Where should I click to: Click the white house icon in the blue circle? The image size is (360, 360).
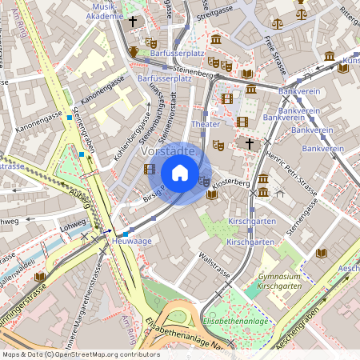pos(180,173)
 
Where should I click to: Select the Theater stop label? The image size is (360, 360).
pos(206,125)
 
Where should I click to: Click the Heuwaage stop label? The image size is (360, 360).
pos(132,240)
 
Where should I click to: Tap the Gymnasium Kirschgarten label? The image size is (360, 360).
pos(274,281)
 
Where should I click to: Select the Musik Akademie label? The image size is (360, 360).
pos(103,10)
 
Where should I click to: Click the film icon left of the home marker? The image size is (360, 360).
pos(149,169)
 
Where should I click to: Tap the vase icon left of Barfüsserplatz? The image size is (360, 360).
pos(134,51)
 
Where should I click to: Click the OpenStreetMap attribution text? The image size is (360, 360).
pos(80,354)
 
